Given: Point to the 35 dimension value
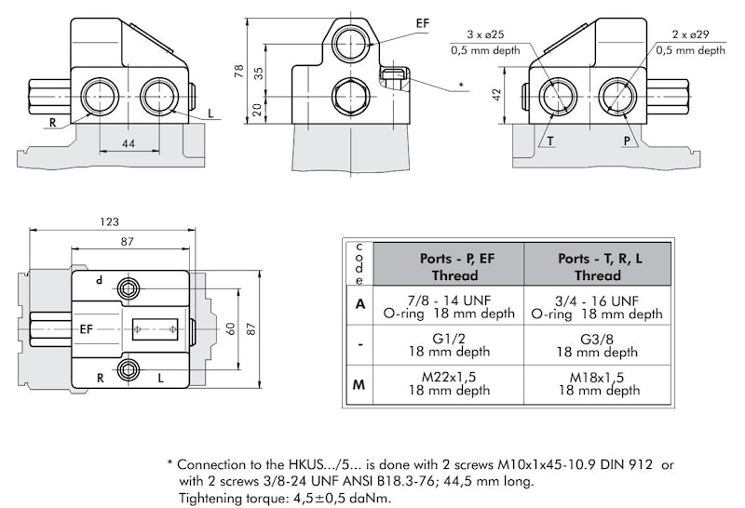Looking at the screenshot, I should pos(257,72).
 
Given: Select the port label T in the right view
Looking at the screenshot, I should pos(550,140).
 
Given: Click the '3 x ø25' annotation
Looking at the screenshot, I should pos(481,34).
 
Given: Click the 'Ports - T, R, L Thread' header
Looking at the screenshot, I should pos(597,265).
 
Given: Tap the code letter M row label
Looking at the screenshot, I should pos(359,384).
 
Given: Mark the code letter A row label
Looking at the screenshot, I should pos(359,305).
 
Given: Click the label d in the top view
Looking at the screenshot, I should pos(99,280).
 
